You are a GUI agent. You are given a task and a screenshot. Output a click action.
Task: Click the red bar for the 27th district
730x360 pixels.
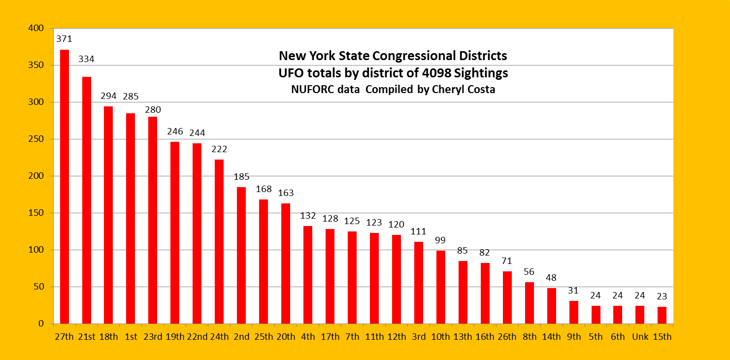[x=65, y=187]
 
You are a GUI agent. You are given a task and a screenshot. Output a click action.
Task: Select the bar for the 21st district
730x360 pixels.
[x=87, y=200]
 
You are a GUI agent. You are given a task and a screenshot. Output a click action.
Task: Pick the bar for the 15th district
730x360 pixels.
[x=662, y=315]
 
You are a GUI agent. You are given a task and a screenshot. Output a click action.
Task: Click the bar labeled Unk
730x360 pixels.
[x=640, y=315]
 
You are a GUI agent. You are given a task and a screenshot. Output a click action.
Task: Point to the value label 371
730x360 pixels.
[x=65, y=38]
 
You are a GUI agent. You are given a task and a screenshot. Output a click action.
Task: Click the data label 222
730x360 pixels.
[x=219, y=149]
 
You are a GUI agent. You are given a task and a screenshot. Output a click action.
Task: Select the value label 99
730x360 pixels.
[x=440, y=240]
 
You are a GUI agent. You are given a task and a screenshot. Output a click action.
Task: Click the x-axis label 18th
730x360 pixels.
[x=108, y=337]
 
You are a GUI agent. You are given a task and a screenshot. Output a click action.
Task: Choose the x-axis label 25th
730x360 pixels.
[x=264, y=337]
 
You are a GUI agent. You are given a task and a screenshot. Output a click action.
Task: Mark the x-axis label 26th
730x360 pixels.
[x=507, y=337]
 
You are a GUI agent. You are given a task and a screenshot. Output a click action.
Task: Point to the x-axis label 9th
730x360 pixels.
[x=573, y=337]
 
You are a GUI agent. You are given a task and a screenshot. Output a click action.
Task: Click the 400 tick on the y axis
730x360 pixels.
[x=36, y=29]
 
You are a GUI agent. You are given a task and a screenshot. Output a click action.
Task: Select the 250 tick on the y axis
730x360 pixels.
[x=36, y=139]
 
